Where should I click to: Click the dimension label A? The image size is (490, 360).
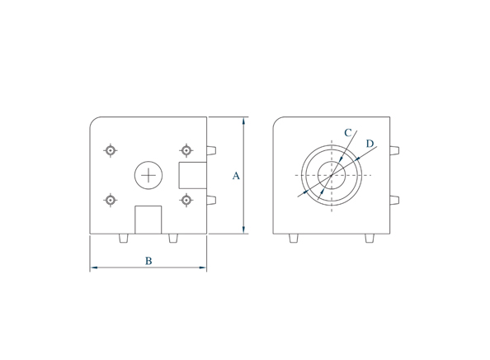[236, 176]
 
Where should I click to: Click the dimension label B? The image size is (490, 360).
[148, 261]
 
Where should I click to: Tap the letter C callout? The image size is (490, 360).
[348, 132]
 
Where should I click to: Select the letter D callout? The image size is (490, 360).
[370, 144]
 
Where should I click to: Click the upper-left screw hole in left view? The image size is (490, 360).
[110, 150]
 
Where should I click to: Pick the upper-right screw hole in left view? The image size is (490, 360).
[186, 150]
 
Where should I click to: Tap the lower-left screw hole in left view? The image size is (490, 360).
[110, 200]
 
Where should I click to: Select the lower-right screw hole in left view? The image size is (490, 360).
[186, 200]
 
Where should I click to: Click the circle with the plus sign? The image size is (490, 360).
[148, 175]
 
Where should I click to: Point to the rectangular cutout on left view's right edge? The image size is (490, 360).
[193, 175]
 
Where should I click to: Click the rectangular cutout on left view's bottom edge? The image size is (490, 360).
[148, 220]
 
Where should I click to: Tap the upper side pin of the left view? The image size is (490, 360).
[212, 150]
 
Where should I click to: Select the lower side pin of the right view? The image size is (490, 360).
[395, 200]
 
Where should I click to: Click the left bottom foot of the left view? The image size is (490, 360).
[124, 239]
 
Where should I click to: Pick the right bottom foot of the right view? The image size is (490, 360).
[370, 239]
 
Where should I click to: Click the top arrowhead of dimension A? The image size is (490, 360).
[244, 121]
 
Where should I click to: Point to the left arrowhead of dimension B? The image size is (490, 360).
[94, 268]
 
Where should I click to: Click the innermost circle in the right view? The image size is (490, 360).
[331, 175]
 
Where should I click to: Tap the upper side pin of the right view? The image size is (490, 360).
[395, 150]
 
